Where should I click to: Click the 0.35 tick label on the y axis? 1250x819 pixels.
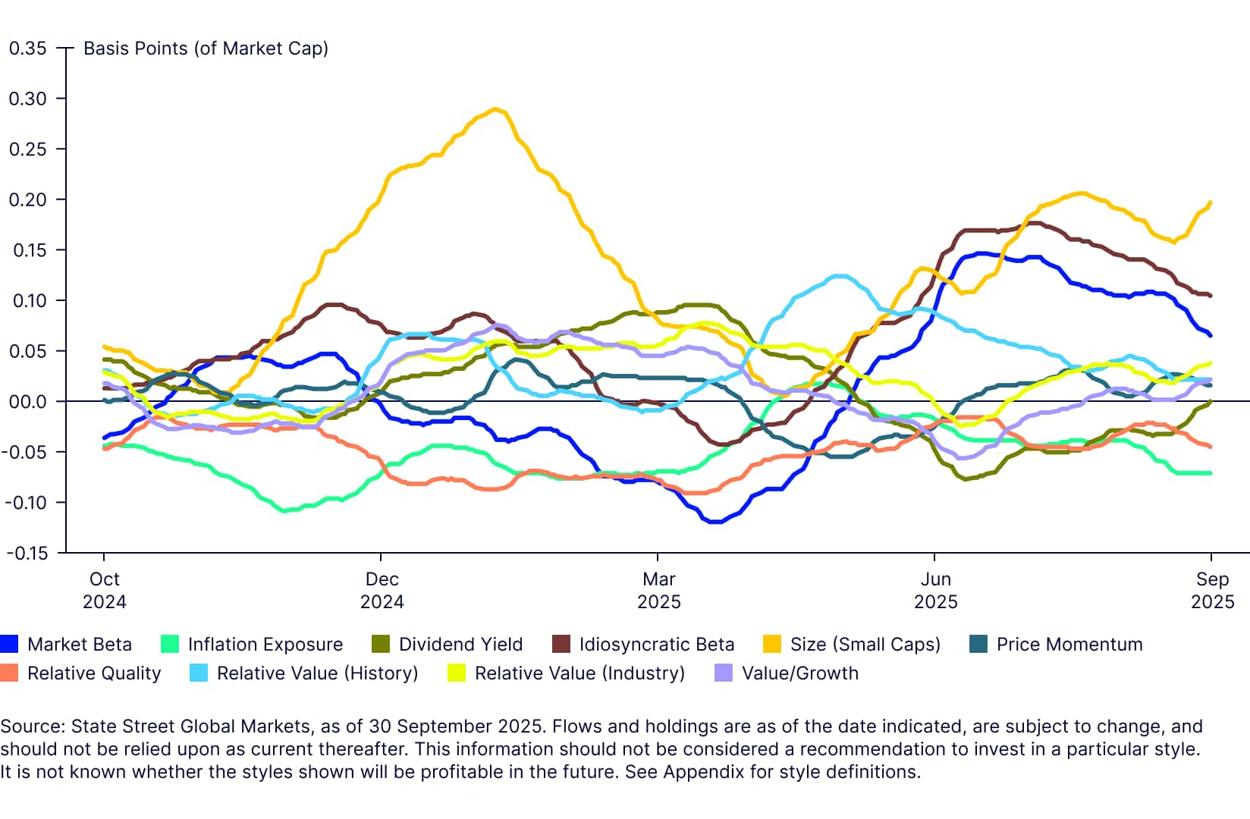[27, 49]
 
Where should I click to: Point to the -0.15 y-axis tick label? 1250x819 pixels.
[27, 553]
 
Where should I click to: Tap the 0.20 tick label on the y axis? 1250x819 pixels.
[27, 199]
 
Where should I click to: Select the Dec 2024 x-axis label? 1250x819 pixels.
[382, 590]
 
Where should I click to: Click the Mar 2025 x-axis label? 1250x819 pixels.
[658, 590]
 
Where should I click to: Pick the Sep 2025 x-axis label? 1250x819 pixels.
[1212, 590]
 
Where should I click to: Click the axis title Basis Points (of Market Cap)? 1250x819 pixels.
[206, 49]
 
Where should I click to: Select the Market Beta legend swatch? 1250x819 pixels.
[9, 645]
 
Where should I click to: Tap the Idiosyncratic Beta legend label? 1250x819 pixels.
[656, 645]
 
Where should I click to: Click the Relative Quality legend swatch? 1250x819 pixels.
[9, 673]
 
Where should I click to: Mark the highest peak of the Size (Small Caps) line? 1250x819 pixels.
[495, 109]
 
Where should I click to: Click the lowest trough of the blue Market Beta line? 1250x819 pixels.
[715, 522]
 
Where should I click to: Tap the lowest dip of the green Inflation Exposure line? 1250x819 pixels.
[285, 510]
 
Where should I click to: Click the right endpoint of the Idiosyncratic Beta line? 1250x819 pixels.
[1210, 295]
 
